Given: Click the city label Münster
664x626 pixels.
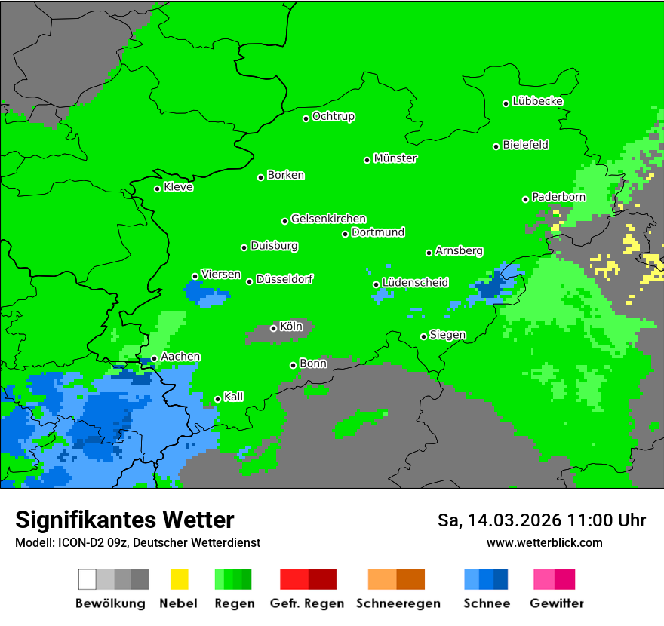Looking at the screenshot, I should click(395, 158).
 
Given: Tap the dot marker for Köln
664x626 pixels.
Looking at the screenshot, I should click(273, 328).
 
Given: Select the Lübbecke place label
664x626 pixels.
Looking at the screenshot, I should click(537, 101).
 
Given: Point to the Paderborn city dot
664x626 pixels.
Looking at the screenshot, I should click(526, 199).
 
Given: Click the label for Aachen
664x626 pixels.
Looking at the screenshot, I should click(180, 357).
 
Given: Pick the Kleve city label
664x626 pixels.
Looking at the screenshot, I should click(178, 187).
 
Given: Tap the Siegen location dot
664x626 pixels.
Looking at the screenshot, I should click(424, 336).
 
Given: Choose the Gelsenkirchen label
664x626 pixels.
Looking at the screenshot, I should click(328, 219).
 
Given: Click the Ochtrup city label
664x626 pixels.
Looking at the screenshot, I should click(333, 117).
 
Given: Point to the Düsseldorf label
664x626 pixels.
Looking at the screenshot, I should click(284, 279).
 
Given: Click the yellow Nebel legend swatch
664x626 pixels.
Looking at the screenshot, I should click(179, 579).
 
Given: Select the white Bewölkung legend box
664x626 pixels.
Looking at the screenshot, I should click(88, 579).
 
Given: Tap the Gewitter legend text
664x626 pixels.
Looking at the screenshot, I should click(557, 603).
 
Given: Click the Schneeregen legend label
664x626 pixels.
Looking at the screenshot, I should click(398, 603).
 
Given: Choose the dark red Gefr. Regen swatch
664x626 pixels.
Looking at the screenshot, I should click(322, 579).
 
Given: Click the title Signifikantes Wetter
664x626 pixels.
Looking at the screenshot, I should click(124, 520).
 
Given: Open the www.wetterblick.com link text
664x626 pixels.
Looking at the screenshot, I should click(545, 542).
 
